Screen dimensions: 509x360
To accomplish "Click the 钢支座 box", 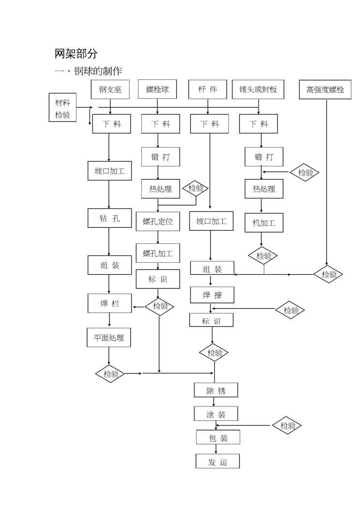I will [x=110, y=90].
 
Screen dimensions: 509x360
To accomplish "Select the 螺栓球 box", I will [x=157, y=90].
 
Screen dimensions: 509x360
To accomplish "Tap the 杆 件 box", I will [x=208, y=90].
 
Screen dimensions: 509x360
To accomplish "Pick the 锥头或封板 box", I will [x=258, y=90].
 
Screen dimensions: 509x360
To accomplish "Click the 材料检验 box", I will [x=62, y=108].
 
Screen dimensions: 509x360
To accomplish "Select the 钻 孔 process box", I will [x=109, y=218].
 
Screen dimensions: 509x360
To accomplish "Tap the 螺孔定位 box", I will [x=158, y=222].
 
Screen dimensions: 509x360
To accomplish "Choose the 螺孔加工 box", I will [x=158, y=253].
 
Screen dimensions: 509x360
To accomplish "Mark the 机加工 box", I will [x=264, y=223].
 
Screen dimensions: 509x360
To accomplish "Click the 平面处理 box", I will [x=109, y=338].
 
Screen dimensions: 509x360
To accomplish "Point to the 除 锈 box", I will [x=216, y=390].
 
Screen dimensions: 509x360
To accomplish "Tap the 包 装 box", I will [x=218, y=438].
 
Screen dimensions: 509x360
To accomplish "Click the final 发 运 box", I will [x=217, y=462].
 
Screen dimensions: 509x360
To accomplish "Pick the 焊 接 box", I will [x=212, y=294].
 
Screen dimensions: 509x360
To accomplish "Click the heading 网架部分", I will [x=76, y=54].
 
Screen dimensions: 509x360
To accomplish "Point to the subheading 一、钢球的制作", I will [x=88, y=71].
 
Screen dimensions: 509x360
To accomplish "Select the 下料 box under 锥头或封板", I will [x=258, y=124].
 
